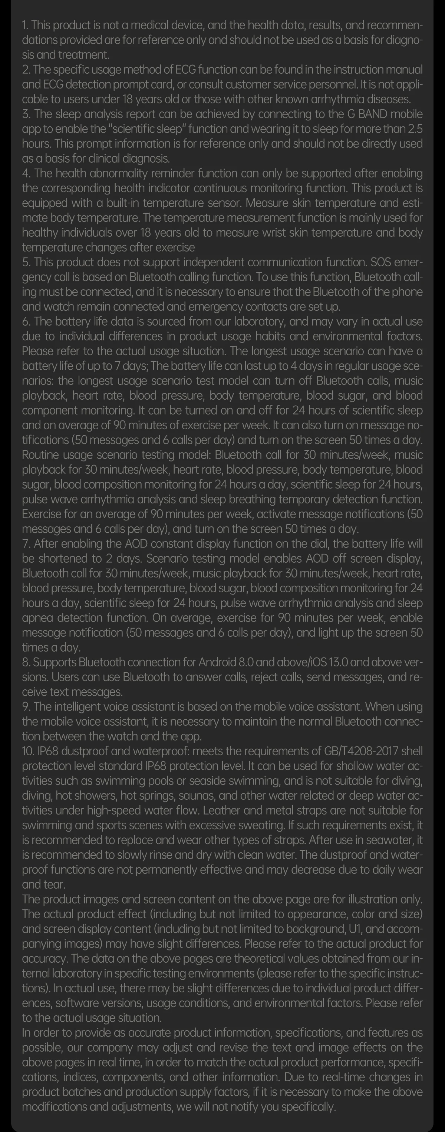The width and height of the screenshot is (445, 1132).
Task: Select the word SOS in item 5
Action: click(381, 262)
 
